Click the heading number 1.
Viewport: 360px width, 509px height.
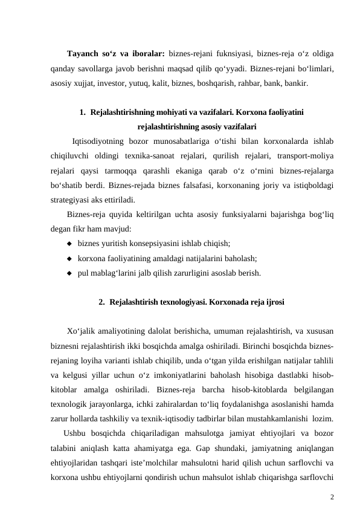point(82,112)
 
